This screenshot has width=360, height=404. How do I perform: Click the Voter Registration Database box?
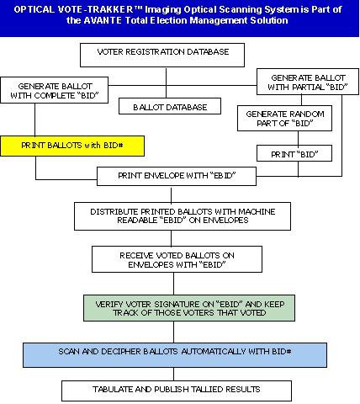162,55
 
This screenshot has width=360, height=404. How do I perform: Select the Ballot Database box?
170,106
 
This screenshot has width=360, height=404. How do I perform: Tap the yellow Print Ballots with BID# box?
72,146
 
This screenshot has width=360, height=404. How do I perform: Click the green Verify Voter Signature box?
189,308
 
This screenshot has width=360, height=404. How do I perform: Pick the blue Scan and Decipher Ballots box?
175,355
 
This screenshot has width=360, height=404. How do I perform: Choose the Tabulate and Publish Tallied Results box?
177,391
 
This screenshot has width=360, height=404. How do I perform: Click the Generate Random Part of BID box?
284,118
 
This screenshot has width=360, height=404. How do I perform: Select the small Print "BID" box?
294,153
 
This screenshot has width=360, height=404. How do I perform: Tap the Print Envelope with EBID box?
177,176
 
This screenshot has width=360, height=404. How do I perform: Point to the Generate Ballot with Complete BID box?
55,90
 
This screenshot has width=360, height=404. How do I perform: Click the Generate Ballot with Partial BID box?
308,82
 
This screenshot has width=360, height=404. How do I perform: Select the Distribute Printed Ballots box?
183,216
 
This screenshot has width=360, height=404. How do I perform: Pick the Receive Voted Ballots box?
177,259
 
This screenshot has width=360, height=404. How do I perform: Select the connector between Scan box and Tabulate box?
174,374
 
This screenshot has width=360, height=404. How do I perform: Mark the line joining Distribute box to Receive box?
172,238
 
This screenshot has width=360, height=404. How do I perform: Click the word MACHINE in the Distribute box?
257,211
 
